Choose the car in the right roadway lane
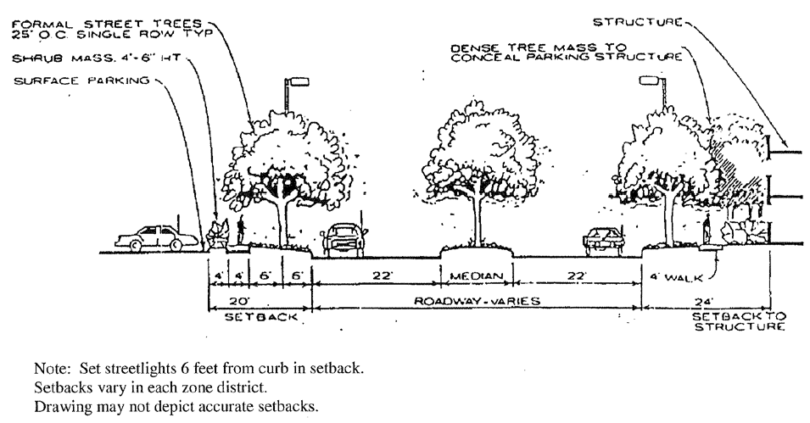602,241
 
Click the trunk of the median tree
476,220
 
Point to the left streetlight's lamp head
299,81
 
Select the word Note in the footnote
50,370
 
